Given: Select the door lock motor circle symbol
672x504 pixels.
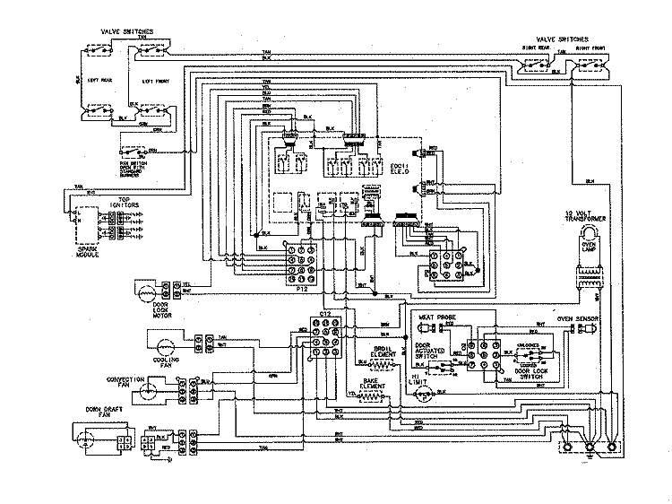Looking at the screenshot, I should pos(144,291).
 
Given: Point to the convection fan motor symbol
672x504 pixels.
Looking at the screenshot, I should pos(151,389).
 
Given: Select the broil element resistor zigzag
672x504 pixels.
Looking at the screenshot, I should pos(384,365).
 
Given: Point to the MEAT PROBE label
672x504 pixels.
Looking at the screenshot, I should pos(434,317).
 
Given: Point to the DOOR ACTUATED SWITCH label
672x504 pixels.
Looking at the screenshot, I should pos(432,349).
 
